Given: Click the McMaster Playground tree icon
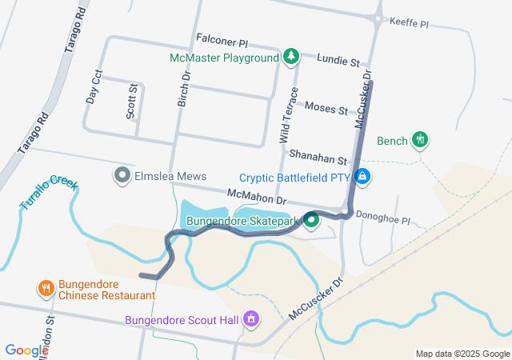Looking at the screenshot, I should coord(292,57).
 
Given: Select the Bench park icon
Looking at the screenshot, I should coord(420,140).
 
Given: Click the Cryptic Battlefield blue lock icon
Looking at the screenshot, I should coord(362,176).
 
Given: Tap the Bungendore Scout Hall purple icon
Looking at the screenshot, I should coord(251,320).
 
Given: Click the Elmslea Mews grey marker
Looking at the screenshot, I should coord(122,174).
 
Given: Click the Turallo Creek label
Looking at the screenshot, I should coord(50,193).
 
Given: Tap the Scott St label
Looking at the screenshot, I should coord(132,102).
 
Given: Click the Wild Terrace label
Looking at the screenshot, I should coord(289,115).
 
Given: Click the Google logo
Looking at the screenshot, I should coord(26,350).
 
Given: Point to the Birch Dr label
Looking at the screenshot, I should coord(185,87).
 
